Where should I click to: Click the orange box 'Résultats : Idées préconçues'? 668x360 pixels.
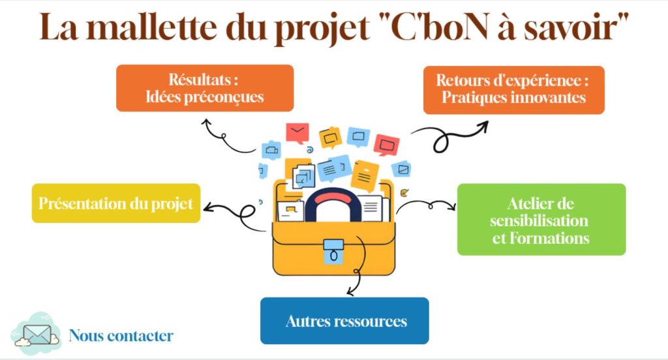click(205, 88)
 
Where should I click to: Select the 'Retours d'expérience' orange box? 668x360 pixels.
click(513, 90)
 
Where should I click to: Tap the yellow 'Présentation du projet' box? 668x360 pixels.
click(116, 203)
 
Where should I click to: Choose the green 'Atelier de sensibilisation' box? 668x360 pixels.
click(541, 220)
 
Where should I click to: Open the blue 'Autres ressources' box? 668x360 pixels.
click(344, 321)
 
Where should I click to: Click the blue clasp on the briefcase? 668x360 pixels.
click(333, 250)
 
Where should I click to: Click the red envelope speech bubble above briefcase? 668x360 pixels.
click(297, 132)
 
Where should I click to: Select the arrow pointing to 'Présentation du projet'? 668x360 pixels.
click(232, 211)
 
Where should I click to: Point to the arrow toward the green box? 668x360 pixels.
click(427, 206)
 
